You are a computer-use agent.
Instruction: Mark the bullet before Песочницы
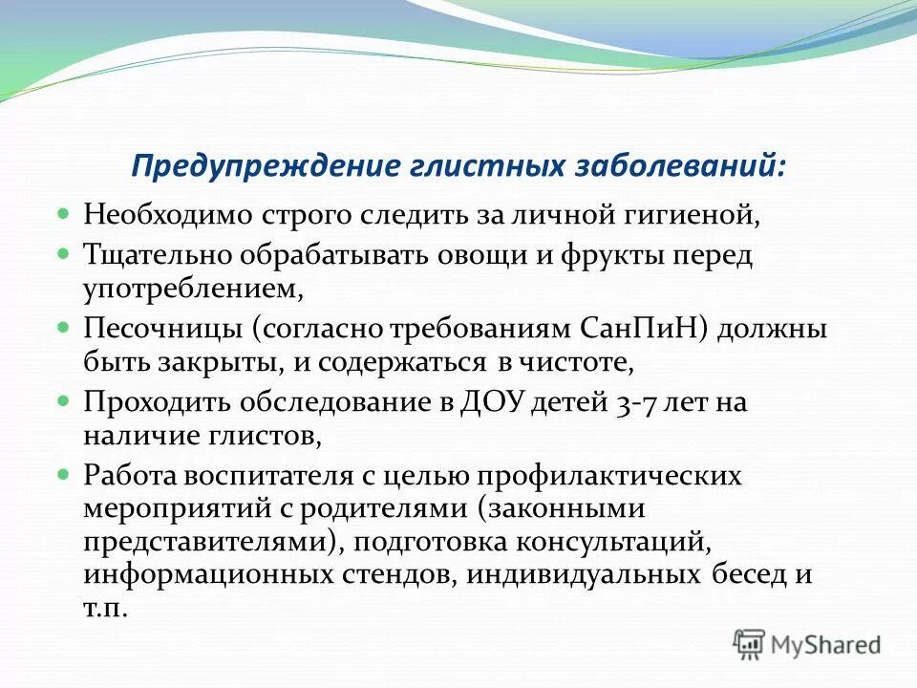pyautogui.click(x=64, y=327)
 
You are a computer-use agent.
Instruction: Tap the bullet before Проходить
pyautogui.click(x=64, y=400)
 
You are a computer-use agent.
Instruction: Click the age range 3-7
pyautogui.click(x=636, y=402)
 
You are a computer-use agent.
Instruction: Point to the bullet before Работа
pyautogui.click(x=64, y=474)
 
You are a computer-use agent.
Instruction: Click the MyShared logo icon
pyautogui.click(x=749, y=644)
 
